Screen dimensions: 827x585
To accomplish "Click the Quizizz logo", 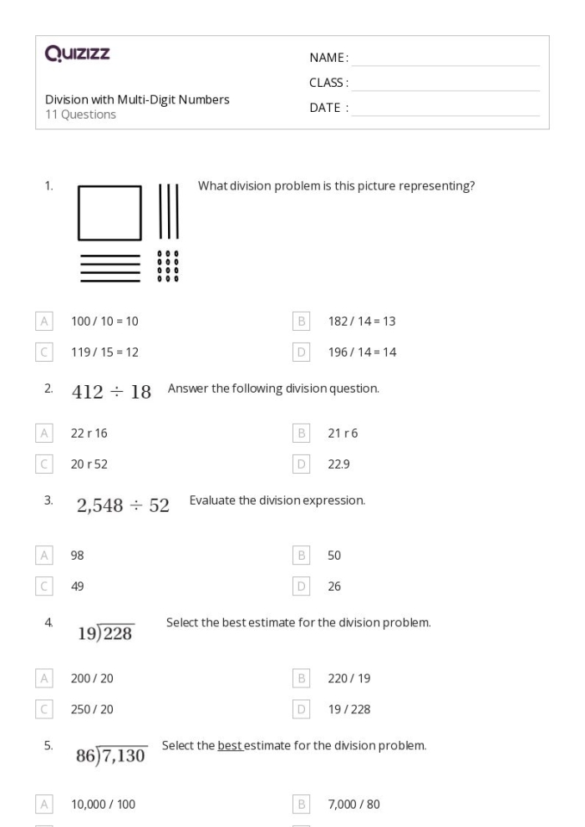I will tap(78, 55).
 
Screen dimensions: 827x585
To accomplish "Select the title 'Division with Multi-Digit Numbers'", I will tap(137, 99).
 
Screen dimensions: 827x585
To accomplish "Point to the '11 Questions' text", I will tap(80, 114).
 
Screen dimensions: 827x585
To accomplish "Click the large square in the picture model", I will tap(109, 213).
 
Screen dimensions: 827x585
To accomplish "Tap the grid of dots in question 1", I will tap(168, 266).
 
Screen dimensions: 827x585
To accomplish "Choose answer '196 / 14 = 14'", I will tap(362, 353).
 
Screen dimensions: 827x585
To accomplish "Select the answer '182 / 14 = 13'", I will tap(362, 321).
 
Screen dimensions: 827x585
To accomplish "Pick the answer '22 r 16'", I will tap(89, 433).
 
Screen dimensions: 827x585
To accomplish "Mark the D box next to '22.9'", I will tap(302, 464).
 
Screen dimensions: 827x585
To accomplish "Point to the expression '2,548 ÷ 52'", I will tap(123, 505).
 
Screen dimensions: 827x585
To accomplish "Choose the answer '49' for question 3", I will tap(78, 586).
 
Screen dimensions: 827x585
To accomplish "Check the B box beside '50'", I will tap(302, 555).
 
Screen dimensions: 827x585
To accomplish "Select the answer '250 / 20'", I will tap(92, 709).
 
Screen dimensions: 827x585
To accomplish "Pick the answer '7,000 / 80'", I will tap(354, 804).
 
